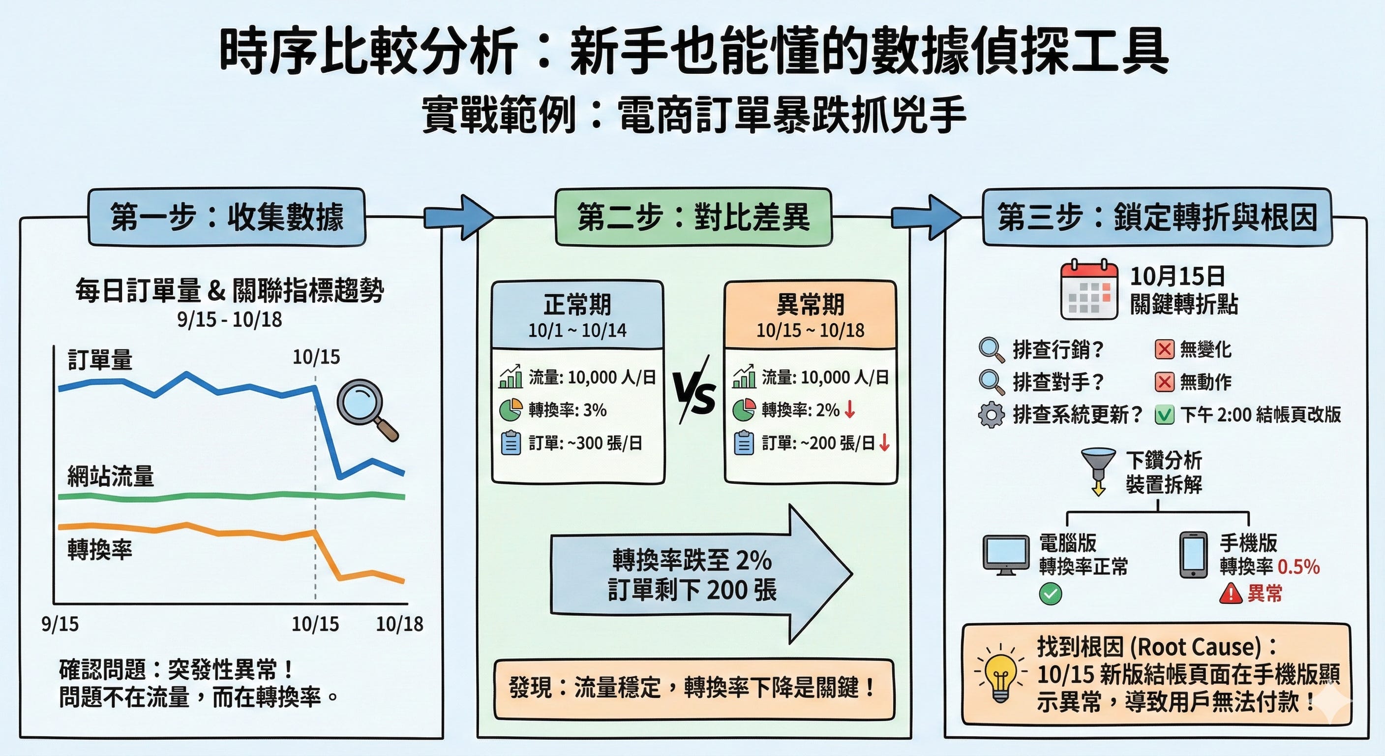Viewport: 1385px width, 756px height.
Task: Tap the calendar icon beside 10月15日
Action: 1089,290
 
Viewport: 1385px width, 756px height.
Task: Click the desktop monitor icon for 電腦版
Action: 1006,555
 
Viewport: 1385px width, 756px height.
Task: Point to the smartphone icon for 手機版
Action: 1193,555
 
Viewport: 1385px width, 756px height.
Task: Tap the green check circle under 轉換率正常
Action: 1051,594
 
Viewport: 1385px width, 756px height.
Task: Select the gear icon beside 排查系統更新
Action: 991,415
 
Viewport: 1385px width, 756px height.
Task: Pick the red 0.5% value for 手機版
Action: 1298,567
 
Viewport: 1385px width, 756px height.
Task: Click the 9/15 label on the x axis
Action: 60,624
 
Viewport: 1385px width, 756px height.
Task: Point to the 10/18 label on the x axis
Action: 399,624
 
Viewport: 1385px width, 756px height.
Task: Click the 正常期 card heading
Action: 577,305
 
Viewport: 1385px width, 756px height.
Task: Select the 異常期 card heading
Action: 810,305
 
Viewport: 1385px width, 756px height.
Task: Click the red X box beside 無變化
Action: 1164,350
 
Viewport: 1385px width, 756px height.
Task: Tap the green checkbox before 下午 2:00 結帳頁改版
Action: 1164,415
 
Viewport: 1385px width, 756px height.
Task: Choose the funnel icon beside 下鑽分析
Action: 1098,468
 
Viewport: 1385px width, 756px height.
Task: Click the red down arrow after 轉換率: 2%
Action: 850,410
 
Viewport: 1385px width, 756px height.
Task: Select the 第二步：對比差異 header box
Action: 693,217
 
